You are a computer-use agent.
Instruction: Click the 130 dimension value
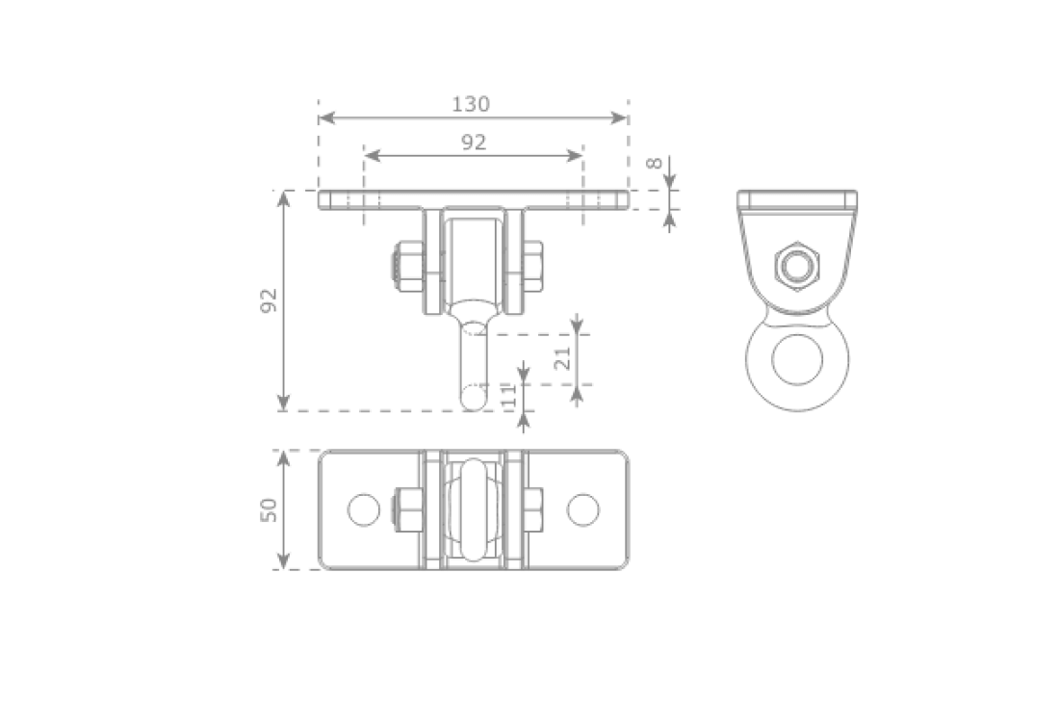point(472,103)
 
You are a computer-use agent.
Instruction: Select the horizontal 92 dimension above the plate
point(473,142)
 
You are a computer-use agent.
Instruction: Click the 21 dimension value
point(564,357)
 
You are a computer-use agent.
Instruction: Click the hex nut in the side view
point(795,262)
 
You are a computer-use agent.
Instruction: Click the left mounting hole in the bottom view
point(363,509)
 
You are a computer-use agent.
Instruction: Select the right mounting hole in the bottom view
point(581,509)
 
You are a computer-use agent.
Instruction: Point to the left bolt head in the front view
point(405,267)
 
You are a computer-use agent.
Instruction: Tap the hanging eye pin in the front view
point(475,361)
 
